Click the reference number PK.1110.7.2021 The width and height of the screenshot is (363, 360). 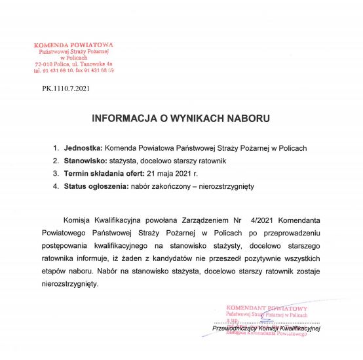[65, 87]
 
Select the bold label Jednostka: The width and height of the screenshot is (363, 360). [83, 148]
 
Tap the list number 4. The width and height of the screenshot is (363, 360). [56, 187]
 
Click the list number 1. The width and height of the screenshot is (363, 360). [56, 148]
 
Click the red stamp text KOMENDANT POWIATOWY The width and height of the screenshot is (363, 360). [267, 308]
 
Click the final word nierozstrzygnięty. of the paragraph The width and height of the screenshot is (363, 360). [69, 283]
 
